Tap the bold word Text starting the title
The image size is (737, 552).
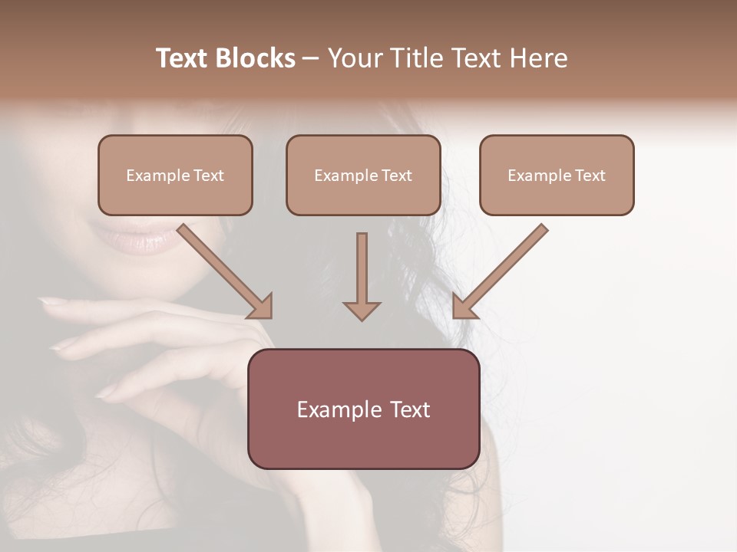(183, 58)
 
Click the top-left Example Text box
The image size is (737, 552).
(175, 175)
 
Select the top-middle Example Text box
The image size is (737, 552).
(363, 175)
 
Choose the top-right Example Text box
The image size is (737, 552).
(557, 175)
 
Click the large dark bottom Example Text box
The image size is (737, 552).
(363, 409)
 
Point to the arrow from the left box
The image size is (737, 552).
(223, 268)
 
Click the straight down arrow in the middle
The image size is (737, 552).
(362, 268)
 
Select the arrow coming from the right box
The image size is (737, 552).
(503, 268)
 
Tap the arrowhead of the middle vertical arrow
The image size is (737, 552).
(362, 310)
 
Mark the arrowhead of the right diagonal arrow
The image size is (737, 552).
(463, 306)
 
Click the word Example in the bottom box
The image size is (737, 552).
(335, 409)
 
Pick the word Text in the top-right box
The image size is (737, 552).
(590, 176)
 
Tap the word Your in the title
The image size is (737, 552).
(354, 58)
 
